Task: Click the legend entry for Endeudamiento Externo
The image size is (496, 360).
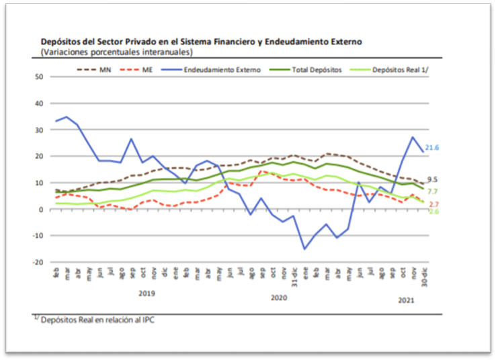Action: pos(222,69)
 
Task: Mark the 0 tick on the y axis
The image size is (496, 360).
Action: pos(40,210)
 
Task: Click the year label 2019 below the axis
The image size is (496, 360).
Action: pos(147,294)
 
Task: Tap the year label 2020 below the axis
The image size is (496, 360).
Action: pos(278,296)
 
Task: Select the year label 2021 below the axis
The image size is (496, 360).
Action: pos(406,300)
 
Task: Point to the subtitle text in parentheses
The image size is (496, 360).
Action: pos(116,52)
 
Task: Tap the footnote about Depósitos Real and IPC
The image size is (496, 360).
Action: pos(95,320)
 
